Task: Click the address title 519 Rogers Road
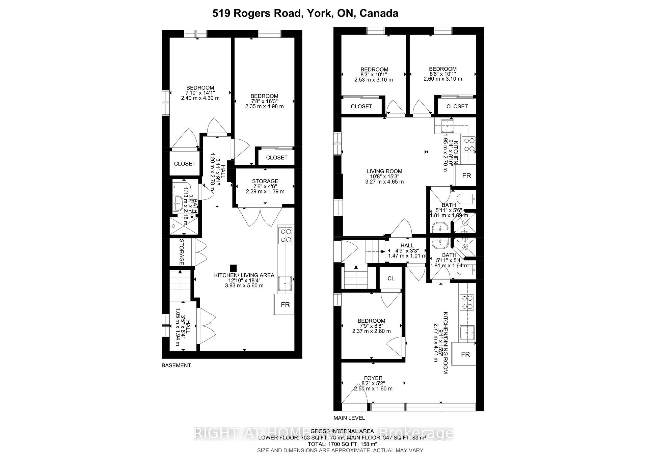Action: (x=305, y=13)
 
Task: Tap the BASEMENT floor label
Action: (x=176, y=365)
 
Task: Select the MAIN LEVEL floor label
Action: (x=349, y=418)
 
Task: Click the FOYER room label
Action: (x=373, y=378)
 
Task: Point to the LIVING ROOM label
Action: (x=384, y=171)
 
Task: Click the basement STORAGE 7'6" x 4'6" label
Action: (x=265, y=181)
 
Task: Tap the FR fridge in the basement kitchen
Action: (x=285, y=305)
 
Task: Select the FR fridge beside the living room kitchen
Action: (x=466, y=176)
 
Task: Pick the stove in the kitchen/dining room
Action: (x=468, y=302)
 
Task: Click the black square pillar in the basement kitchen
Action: (x=233, y=268)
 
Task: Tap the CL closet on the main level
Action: (x=391, y=278)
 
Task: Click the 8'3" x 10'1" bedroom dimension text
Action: (x=374, y=75)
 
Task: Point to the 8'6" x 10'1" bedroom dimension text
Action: (x=443, y=74)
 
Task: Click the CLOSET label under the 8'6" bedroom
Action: (x=457, y=106)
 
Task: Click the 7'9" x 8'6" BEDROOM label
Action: (x=371, y=321)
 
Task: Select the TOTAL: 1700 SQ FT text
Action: (x=342, y=444)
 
